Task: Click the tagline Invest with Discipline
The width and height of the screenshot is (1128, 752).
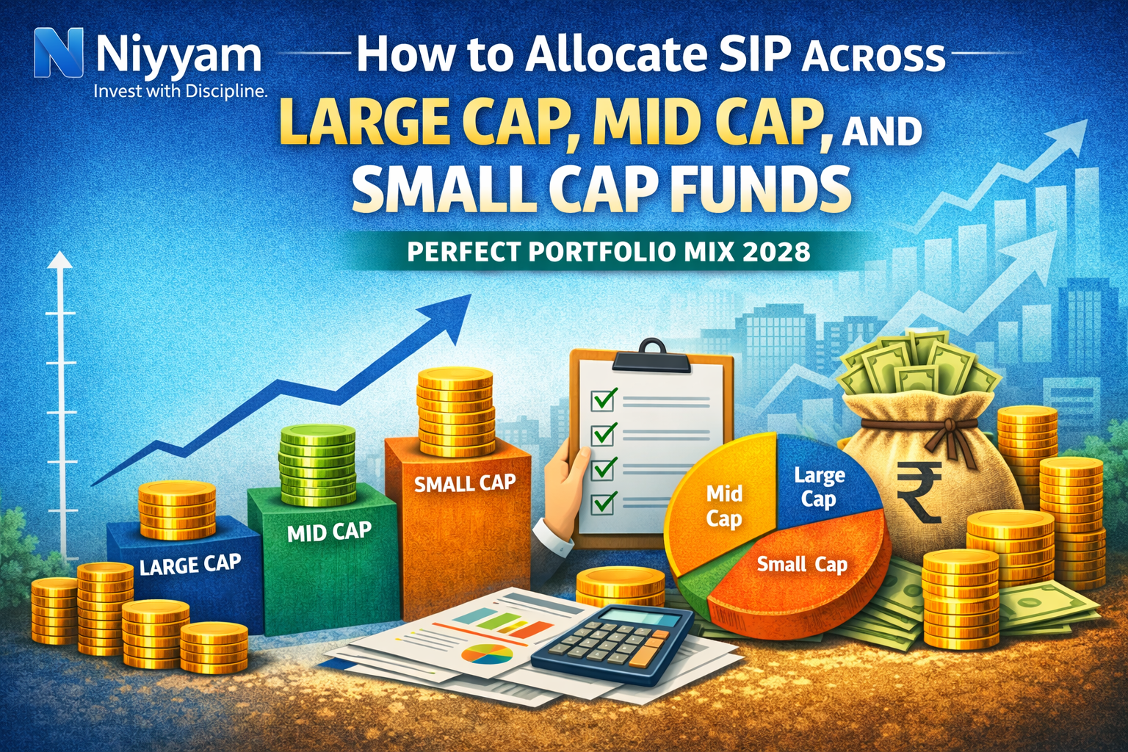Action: click(180, 91)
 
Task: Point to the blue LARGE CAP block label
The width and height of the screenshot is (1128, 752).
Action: click(190, 565)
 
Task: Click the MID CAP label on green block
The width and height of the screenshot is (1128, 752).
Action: click(329, 531)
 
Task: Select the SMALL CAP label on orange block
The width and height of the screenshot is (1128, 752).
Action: click(464, 483)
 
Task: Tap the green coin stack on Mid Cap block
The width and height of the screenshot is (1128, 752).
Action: click(317, 458)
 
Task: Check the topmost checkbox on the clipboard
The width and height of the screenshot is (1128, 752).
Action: click(604, 399)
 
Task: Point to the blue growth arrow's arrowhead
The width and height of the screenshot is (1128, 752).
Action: click(451, 313)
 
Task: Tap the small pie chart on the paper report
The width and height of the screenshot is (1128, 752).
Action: click(487, 653)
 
